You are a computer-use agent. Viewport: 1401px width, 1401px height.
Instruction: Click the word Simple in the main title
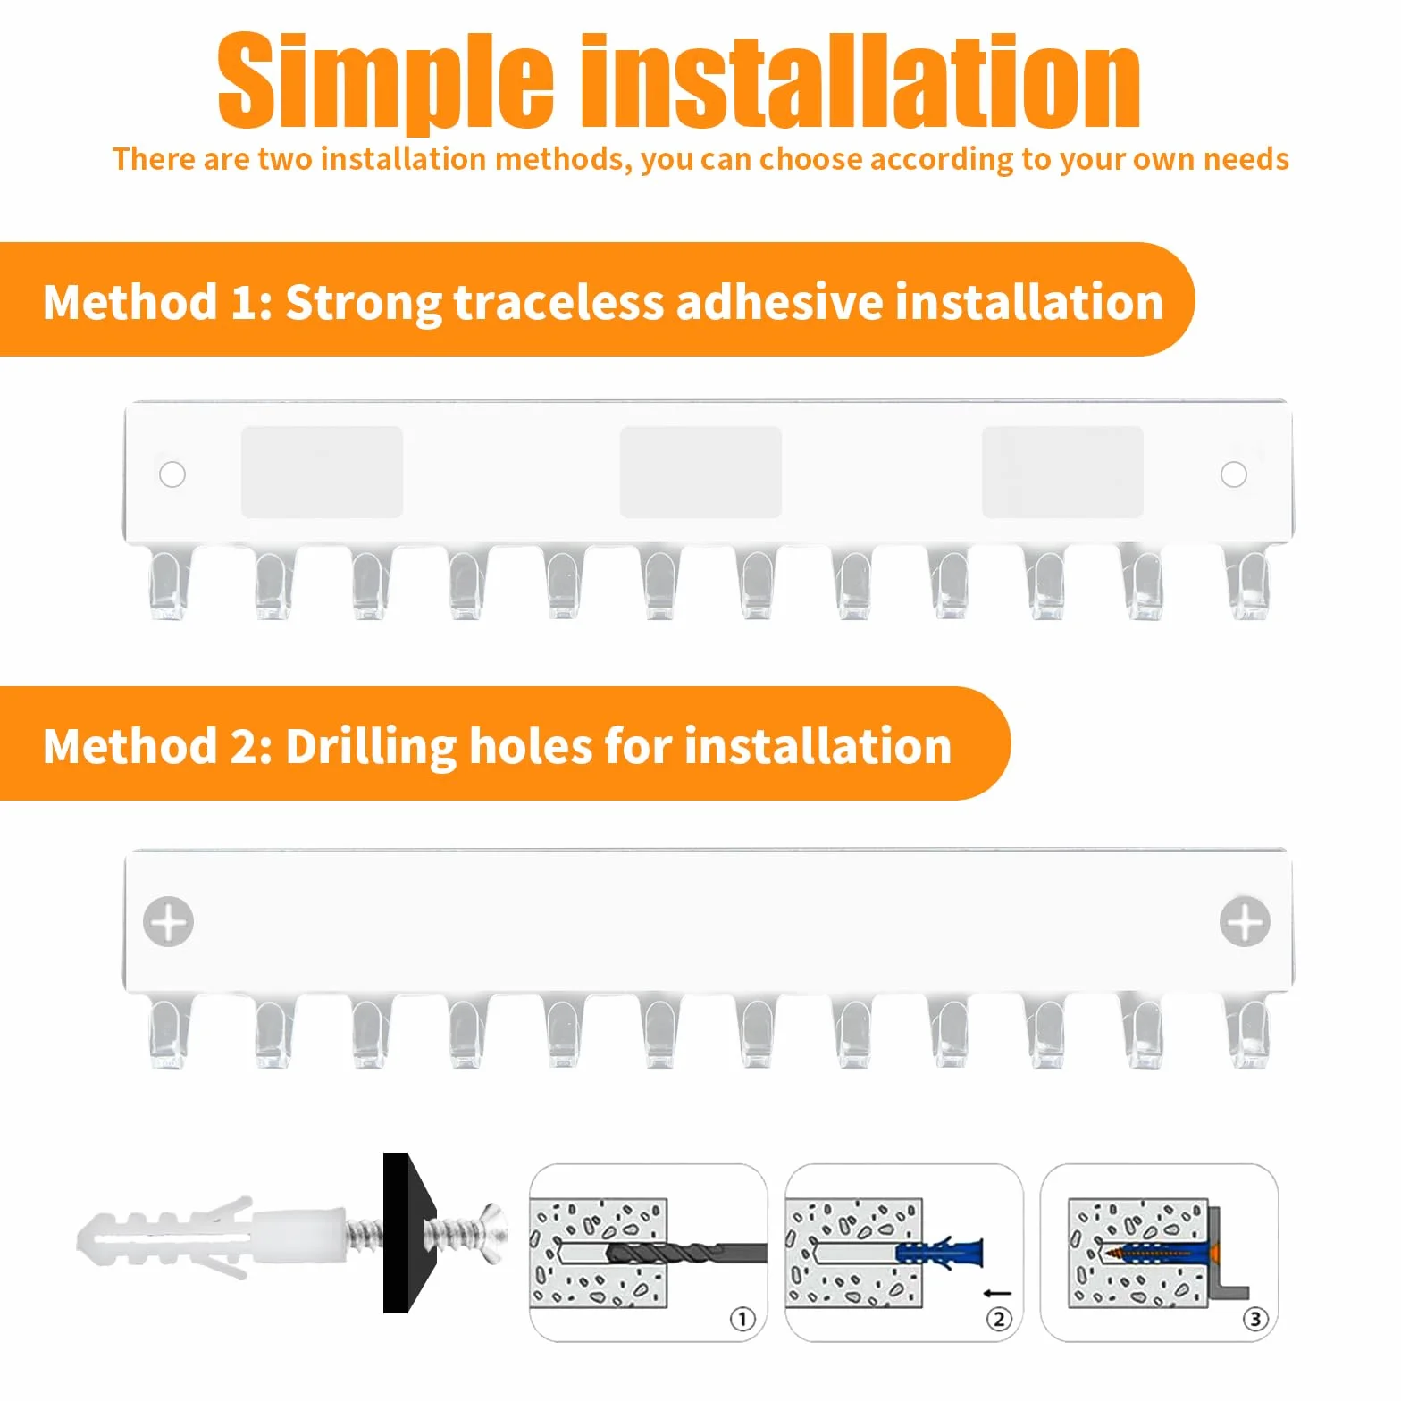point(386,82)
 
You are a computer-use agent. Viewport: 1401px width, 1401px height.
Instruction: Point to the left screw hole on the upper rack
point(172,474)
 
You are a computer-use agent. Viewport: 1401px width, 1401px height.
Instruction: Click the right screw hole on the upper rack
point(1234,474)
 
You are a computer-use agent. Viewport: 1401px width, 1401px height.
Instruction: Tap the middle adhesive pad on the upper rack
point(701,472)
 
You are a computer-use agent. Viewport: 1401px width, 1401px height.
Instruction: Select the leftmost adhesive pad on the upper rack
point(323,472)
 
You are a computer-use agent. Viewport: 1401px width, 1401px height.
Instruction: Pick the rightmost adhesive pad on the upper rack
point(1063,472)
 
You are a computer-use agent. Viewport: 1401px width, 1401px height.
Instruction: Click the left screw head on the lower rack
point(169,921)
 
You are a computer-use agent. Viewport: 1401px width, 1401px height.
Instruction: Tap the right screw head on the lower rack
point(1245,921)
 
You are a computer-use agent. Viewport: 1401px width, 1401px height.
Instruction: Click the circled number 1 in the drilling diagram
point(742,1319)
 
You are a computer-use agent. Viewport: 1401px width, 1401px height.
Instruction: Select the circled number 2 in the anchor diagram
point(999,1319)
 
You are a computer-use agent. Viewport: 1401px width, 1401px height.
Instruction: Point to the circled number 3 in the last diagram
point(1255,1319)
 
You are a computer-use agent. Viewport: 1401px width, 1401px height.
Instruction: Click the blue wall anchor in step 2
point(938,1252)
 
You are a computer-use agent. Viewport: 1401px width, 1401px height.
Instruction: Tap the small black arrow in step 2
point(996,1293)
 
